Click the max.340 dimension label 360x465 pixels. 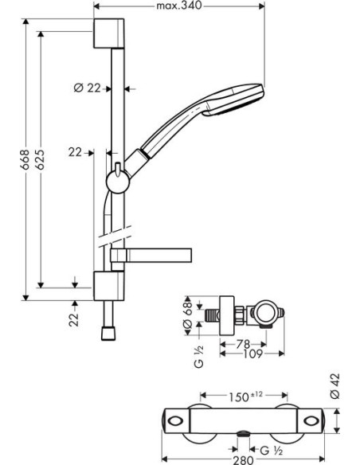179,5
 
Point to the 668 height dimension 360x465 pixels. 25,159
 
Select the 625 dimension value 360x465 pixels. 40,159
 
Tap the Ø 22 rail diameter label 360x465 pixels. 87,88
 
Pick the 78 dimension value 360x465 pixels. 243,344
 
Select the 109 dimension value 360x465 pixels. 253,354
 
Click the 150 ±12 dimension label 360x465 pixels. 245,397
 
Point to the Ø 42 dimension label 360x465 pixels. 335,386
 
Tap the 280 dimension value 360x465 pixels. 243,460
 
